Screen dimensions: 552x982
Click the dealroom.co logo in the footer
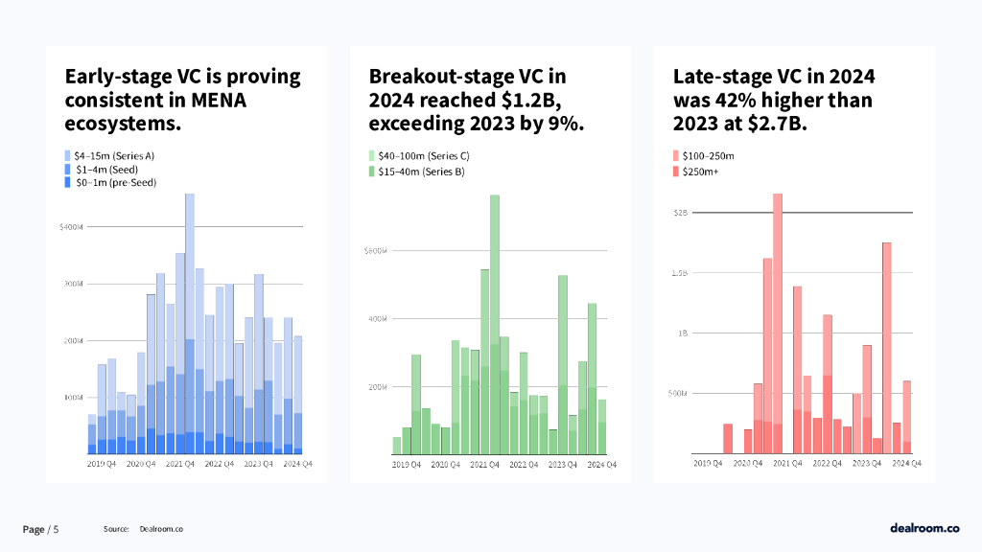pos(924,528)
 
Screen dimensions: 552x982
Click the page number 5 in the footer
pos(56,529)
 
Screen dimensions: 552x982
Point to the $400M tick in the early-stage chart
pos(72,227)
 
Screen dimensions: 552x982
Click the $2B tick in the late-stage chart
pos(681,213)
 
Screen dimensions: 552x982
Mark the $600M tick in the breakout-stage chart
pos(375,251)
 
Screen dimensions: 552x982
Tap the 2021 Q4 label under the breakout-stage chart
pos(483,464)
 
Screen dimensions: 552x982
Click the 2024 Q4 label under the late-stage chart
pos(906,464)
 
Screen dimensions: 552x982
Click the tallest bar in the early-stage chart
pos(190,326)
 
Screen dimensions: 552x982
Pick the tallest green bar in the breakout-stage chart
pos(495,326)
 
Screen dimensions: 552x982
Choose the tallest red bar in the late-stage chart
pos(778,326)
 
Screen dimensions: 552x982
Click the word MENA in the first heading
pos(222,101)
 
